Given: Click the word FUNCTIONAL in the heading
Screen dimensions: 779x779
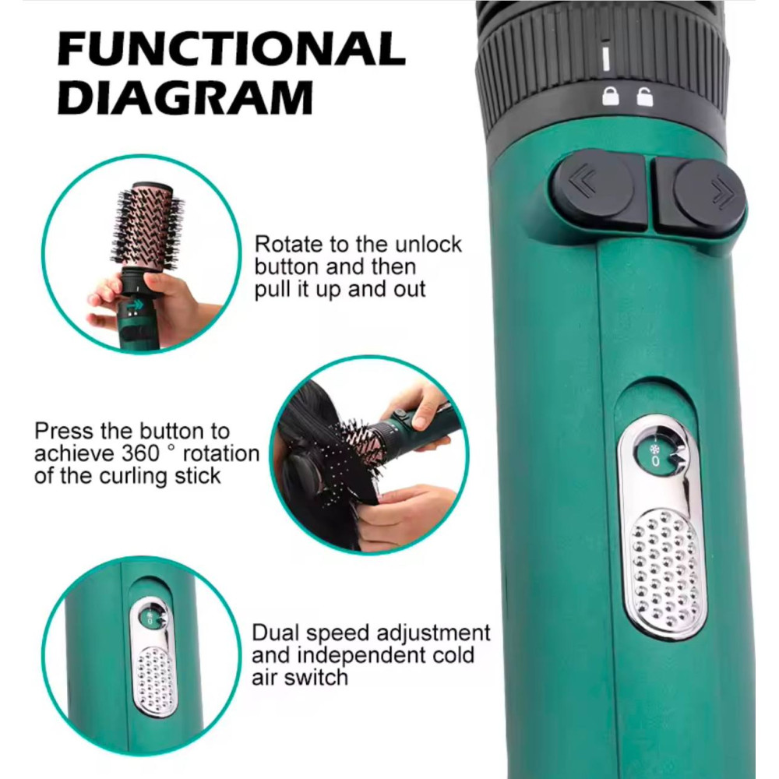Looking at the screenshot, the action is point(231,48).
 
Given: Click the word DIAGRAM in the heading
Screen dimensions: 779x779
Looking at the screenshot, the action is point(185,97).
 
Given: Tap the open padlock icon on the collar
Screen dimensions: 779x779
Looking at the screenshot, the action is point(645,97).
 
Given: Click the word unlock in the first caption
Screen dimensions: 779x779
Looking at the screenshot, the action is point(428,244).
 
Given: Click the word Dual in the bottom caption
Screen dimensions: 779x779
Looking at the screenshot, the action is point(276,633).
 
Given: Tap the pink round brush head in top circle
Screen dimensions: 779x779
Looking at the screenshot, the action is point(150,227).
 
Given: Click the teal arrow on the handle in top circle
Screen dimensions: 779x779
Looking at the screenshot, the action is point(134,304).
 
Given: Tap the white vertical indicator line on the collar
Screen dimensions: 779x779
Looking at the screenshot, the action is point(605,58).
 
